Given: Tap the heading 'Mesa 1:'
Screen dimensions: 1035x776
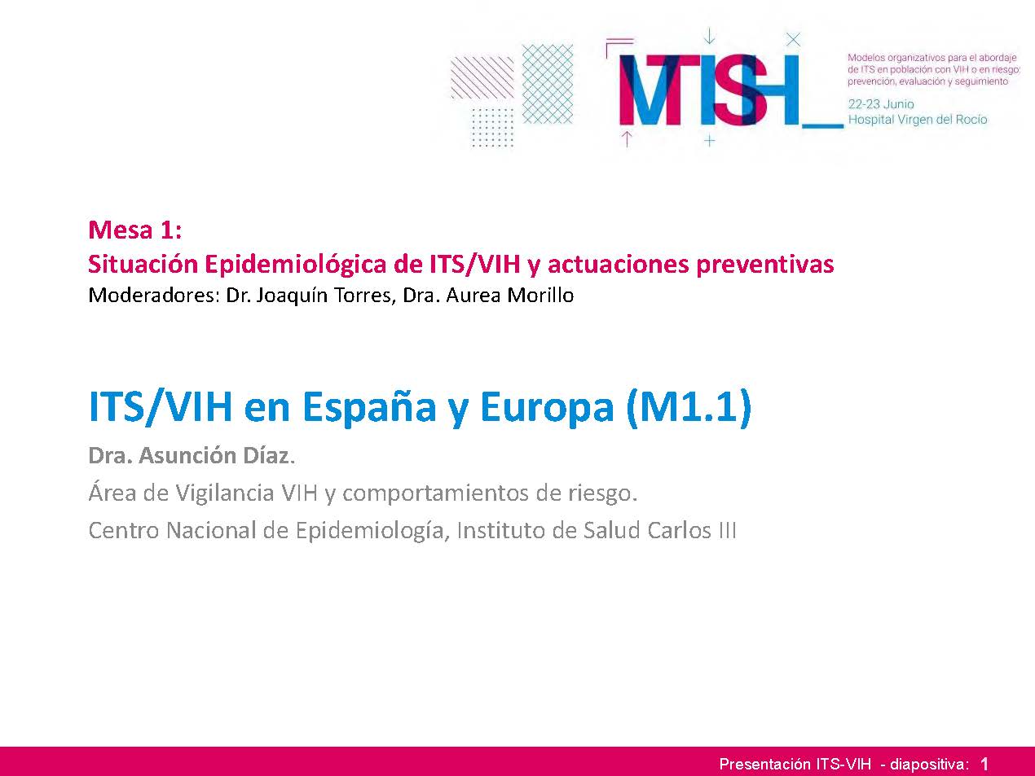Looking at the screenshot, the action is coord(134,230).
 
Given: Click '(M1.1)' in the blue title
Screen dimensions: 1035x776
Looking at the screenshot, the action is coord(689,407).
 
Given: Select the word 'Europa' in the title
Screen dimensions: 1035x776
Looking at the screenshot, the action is coord(547,409).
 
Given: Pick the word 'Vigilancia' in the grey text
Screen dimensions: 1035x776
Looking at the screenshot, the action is coord(225,493).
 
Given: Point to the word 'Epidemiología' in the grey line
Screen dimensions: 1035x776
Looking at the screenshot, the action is coord(370,532).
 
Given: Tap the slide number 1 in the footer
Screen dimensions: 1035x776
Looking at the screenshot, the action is coord(984,763).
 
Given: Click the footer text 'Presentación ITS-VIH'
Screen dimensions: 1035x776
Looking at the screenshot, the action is coord(795,764).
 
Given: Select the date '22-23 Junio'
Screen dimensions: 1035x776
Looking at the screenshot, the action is coord(881,104).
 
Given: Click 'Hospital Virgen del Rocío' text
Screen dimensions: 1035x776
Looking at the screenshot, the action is coord(918,120).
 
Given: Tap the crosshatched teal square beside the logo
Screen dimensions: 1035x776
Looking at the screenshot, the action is coord(548,84).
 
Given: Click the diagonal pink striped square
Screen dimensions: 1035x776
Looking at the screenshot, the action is coord(482,77).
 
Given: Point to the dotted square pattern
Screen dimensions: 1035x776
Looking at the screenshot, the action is coord(492,128).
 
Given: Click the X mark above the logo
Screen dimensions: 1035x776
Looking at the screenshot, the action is coord(794,40).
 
